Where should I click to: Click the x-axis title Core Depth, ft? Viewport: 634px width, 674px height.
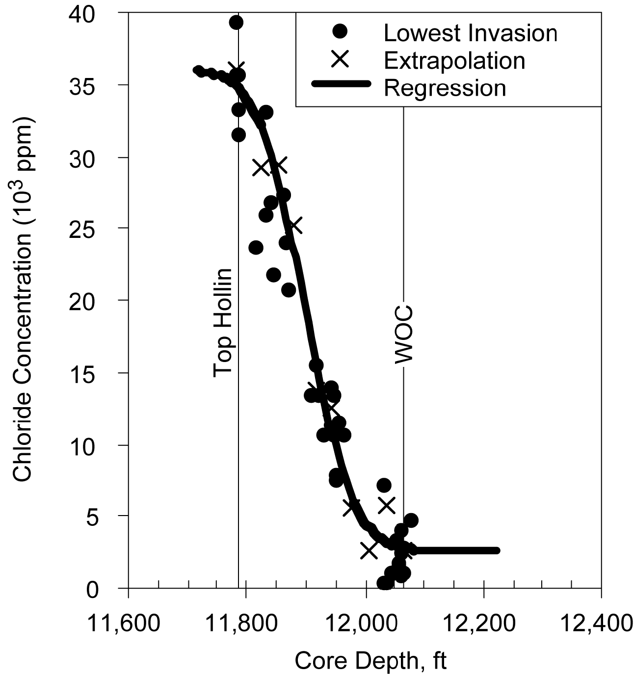coord(370,661)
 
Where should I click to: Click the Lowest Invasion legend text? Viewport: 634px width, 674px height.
coord(470,33)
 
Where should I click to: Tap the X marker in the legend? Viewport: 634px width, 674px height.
coord(339,60)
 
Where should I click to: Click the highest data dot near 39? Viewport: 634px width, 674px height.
coord(237,22)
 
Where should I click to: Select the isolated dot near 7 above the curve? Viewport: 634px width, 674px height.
coord(384,485)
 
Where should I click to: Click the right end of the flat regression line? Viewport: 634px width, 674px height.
coord(497,550)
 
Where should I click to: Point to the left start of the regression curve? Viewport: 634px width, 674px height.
coord(197,71)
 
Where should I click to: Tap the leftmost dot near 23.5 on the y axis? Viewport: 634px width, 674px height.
coord(256,247)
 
